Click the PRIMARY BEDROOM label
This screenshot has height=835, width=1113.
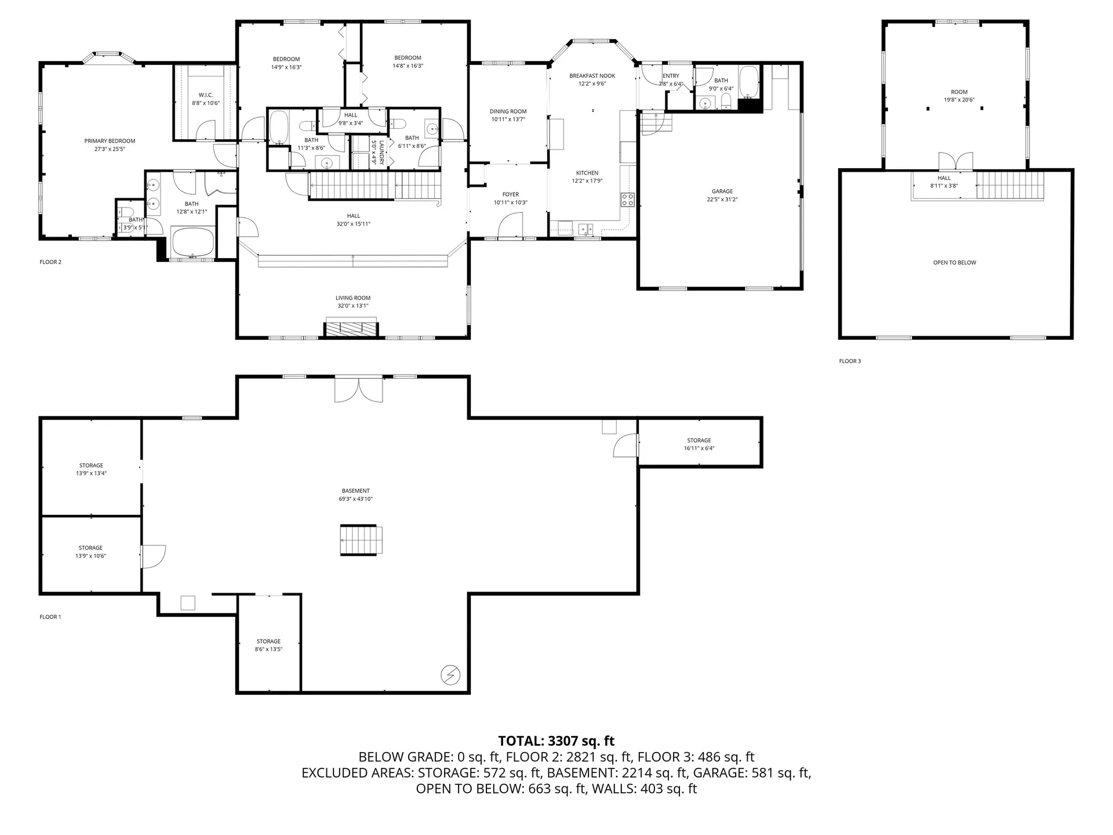[x=110, y=141]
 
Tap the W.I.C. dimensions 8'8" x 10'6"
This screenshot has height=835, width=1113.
[x=206, y=103]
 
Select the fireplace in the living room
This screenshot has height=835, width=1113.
[x=351, y=328]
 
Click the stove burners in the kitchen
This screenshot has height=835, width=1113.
[x=627, y=200]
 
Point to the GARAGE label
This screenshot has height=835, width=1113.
[x=722, y=191]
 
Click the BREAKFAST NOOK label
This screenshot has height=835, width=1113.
[x=592, y=76]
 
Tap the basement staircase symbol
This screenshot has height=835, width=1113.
[x=361, y=540]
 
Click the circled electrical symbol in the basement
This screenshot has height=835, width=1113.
[x=450, y=675]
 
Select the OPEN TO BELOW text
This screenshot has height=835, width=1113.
[x=954, y=263]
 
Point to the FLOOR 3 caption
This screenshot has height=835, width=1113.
[x=850, y=361]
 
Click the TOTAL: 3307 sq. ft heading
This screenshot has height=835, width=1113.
[x=556, y=741]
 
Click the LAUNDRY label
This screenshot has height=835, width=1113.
[x=381, y=153]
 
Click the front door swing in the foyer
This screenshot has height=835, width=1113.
[x=510, y=226]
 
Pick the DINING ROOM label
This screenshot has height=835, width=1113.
[x=508, y=111]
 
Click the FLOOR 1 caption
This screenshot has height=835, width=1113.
[x=50, y=617]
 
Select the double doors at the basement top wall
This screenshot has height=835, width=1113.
[x=359, y=390]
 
